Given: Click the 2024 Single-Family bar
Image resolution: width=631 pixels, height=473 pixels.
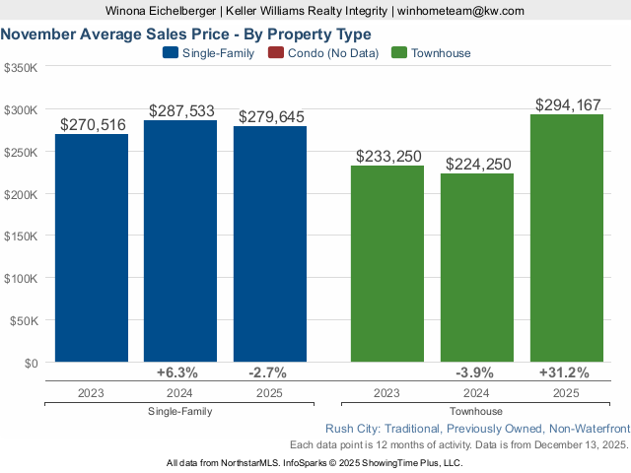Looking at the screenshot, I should click(x=180, y=241).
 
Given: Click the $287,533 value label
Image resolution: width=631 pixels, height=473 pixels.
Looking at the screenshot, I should click(x=181, y=111).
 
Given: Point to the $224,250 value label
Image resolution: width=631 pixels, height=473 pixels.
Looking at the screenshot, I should click(x=478, y=165).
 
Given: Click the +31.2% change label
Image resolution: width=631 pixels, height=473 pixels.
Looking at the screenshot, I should click(x=564, y=372).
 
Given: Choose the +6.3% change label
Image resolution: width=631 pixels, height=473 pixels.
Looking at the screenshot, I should click(x=177, y=372).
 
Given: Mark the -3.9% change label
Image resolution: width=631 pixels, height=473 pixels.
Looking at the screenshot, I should click(x=475, y=372).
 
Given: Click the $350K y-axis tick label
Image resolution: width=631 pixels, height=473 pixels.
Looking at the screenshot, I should click(x=21, y=68).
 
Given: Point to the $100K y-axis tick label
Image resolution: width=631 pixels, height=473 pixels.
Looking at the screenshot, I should click(x=21, y=279).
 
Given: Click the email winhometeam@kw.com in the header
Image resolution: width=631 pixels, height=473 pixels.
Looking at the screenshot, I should click(x=460, y=11).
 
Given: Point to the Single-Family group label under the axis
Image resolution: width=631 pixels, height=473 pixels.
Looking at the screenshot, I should click(x=179, y=411).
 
